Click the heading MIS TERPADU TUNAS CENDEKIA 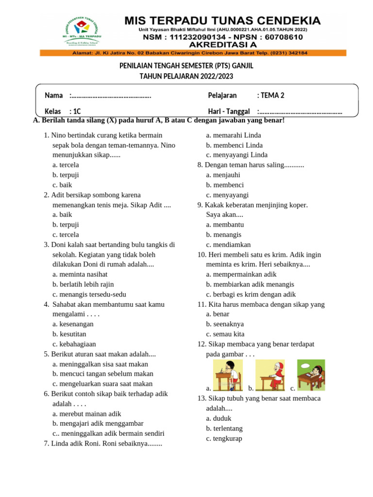click(x=223, y=21)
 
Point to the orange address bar click(x=193, y=53)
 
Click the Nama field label click(x=53, y=95)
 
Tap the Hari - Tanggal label click(x=229, y=112)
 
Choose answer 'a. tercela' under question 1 click(x=66, y=165)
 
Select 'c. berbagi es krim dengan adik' click(x=251, y=294)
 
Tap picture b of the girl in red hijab click(x=271, y=375)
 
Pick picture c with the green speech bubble click(x=311, y=375)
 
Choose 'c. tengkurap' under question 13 click(x=224, y=438)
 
